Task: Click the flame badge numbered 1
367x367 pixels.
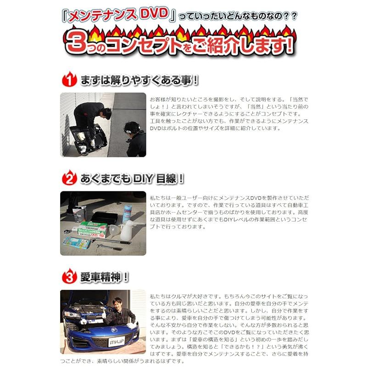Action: tap(69, 79)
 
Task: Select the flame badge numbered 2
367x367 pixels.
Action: tap(69, 178)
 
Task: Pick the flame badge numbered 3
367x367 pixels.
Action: tap(69, 277)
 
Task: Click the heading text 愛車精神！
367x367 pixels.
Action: tap(105, 277)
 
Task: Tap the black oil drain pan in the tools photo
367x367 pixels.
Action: tap(104, 217)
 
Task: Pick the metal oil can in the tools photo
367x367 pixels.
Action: tap(79, 214)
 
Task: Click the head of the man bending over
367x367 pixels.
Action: tap(106, 114)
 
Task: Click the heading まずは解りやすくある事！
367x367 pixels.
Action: tap(139, 80)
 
